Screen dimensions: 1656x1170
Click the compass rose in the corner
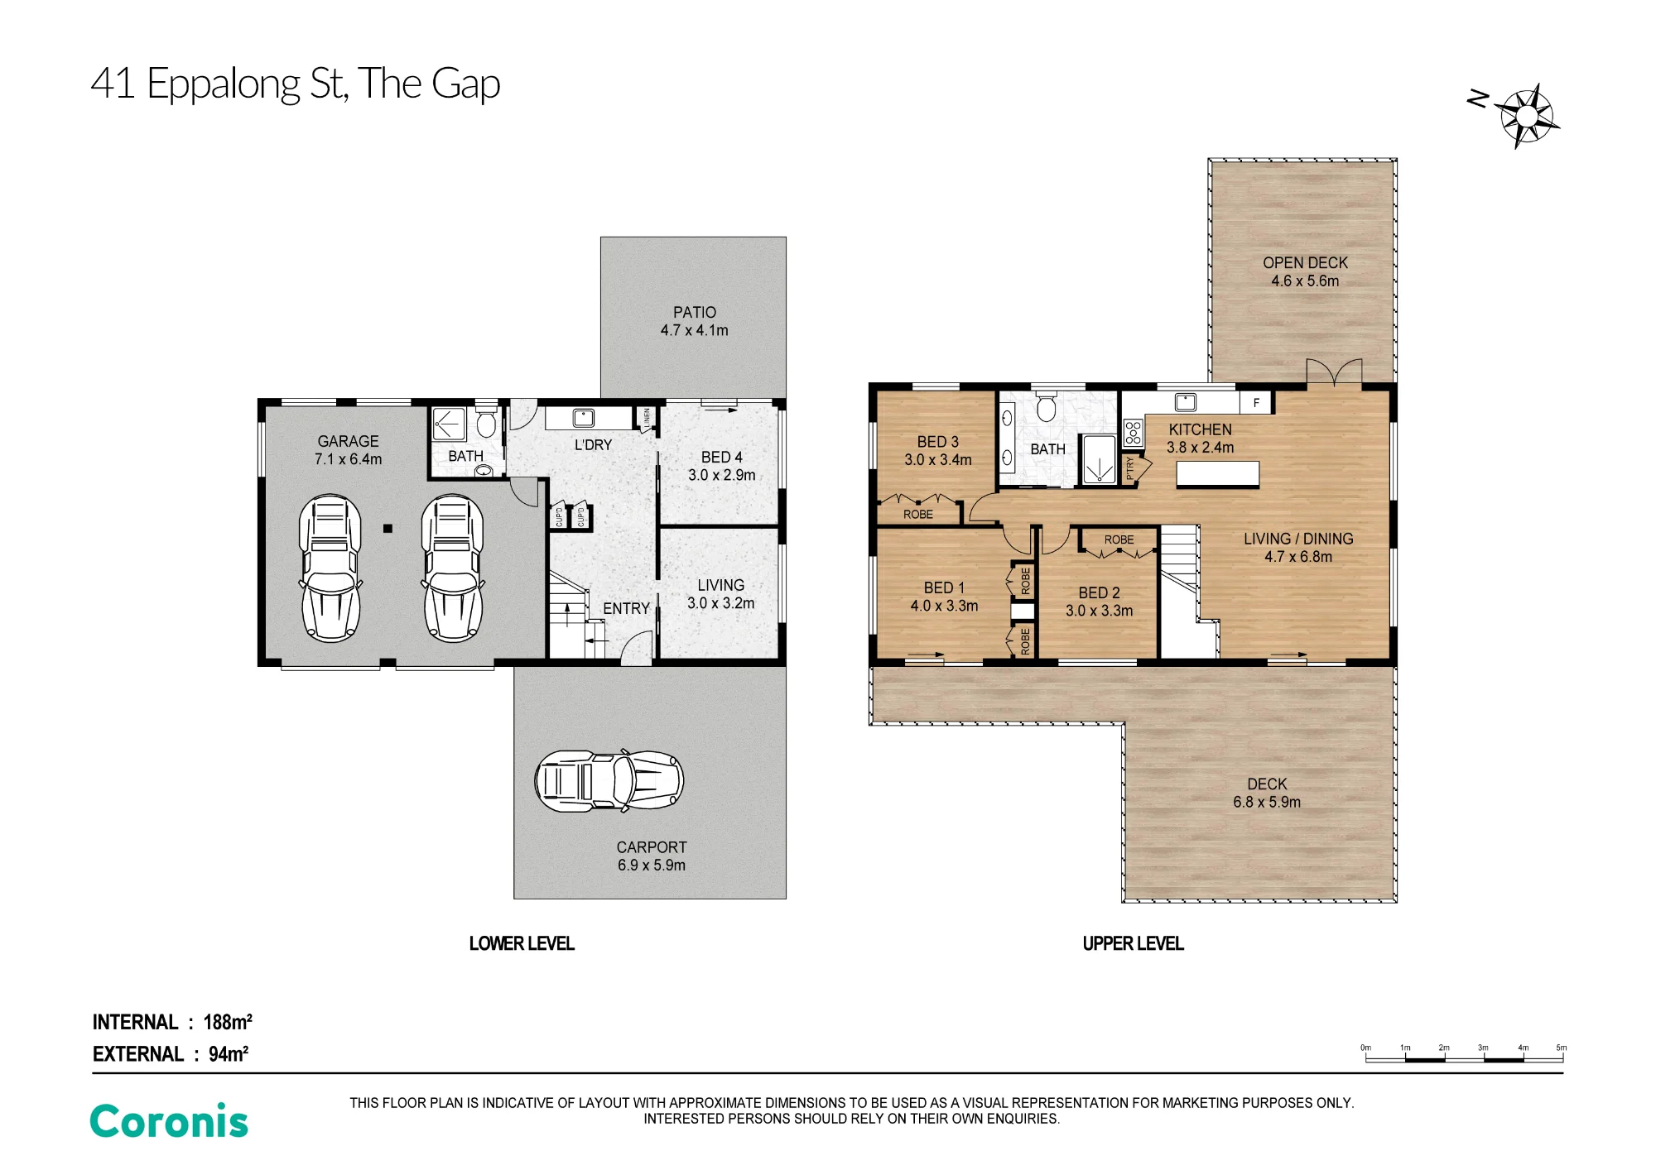pyautogui.click(x=1528, y=116)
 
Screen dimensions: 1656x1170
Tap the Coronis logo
pyautogui.click(x=169, y=1121)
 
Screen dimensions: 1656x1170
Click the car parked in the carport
pyautogui.click(x=609, y=780)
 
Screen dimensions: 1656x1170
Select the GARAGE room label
pyautogui.click(x=348, y=441)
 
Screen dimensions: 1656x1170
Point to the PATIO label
pyautogui.click(x=695, y=312)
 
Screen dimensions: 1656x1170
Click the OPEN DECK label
pyautogui.click(x=1305, y=262)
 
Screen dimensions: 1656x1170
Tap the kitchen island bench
pyautogui.click(x=1218, y=474)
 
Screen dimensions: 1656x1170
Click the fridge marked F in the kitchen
pyautogui.click(x=1256, y=403)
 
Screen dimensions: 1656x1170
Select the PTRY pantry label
pyautogui.click(x=1129, y=469)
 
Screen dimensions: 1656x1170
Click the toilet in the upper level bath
pyautogui.click(x=1047, y=407)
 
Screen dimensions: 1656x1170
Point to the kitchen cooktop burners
pyautogui.click(x=1133, y=432)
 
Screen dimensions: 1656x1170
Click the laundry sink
pyautogui.click(x=584, y=417)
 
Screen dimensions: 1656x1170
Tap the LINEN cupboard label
pyautogui.click(x=647, y=418)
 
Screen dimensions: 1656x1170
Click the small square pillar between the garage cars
pyautogui.click(x=388, y=528)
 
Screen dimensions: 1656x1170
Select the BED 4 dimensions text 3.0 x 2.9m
pyautogui.click(x=722, y=475)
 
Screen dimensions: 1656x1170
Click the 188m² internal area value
pyautogui.click(x=228, y=1022)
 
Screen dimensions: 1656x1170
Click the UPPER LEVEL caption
pyautogui.click(x=1134, y=943)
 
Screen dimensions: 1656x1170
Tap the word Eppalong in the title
pyautogui.click(x=224, y=84)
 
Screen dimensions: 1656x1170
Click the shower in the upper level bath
pyautogui.click(x=1099, y=460)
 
